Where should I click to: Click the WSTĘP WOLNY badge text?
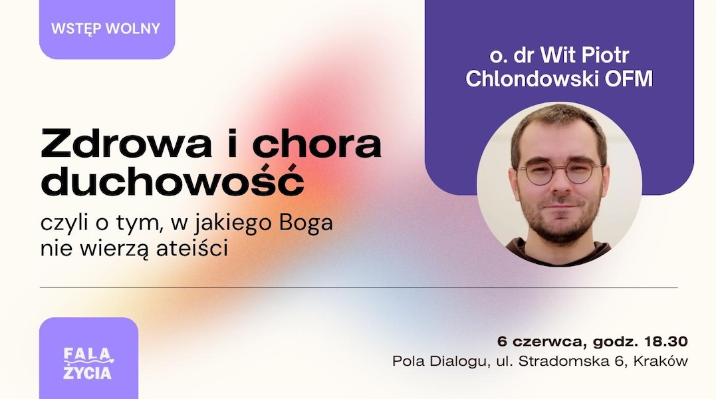(x=106, y=29)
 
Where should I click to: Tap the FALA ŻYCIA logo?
(x=88, y=364)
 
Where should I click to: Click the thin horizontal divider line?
(x=359, y=287)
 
